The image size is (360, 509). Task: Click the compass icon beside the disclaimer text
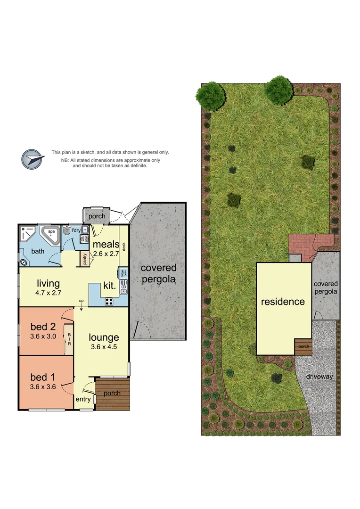[x=32, y=159]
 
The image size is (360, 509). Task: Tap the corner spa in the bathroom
[x=49, y=233]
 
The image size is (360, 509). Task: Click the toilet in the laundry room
[x=66, y=231]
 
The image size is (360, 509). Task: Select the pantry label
[x=85, y=259]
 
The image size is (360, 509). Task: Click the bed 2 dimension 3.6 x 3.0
[x=43, y=337]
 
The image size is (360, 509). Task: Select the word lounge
[x=104, y=337]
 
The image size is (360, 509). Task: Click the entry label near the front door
[x=83, y=399]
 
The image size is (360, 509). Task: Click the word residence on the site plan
[x=283, y=301]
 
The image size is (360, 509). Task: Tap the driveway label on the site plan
[x=319, y=377]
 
